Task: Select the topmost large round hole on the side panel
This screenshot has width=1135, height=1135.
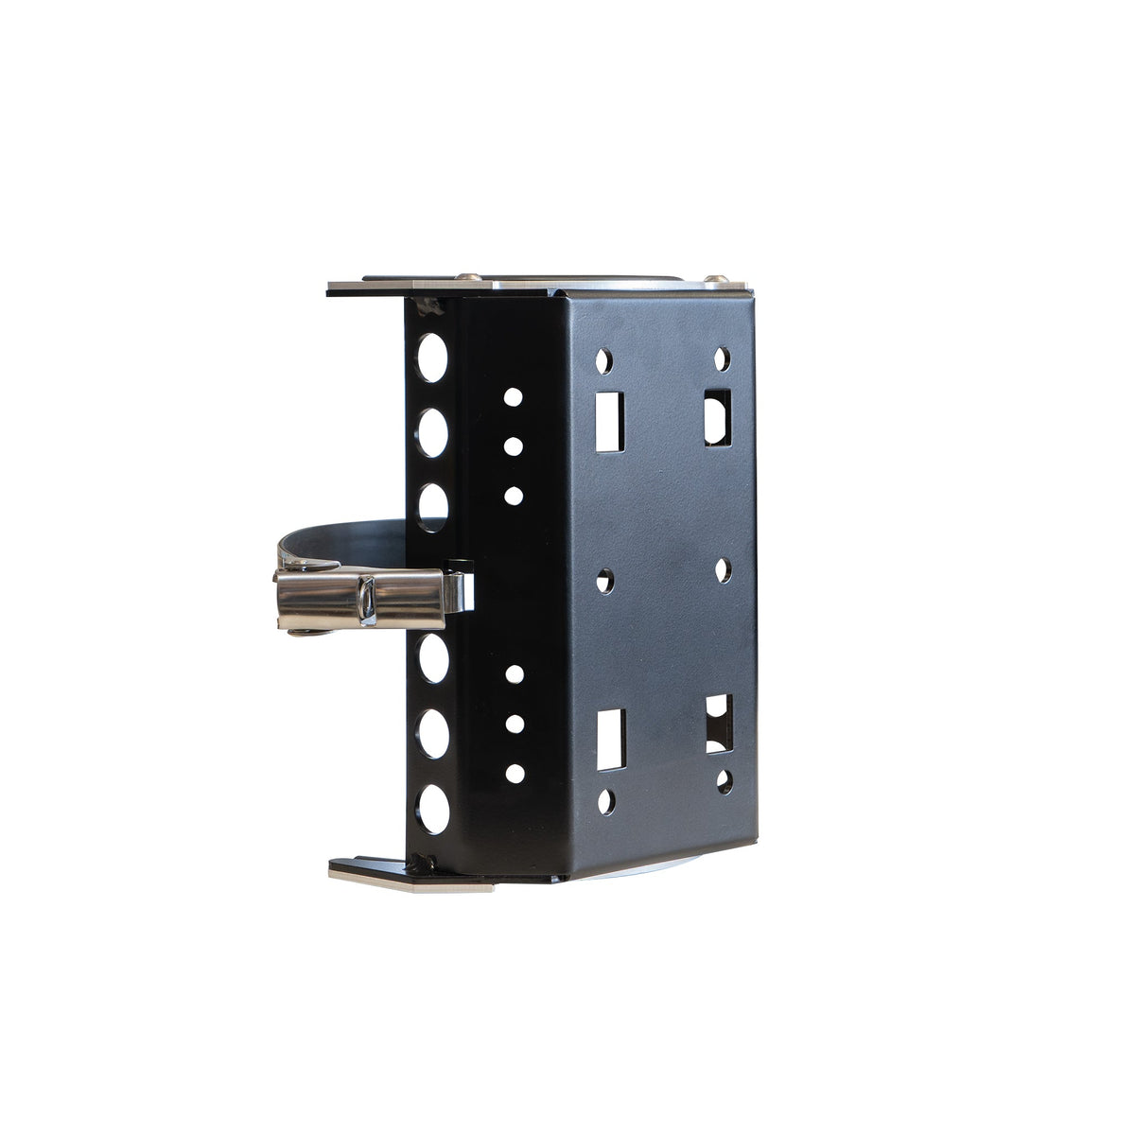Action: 431,358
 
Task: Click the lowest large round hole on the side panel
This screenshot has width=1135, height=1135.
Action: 433,809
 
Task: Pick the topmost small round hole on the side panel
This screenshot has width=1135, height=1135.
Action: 513,396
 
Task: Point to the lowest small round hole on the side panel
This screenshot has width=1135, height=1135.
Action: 515,773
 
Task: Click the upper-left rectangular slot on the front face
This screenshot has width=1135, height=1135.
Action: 609,421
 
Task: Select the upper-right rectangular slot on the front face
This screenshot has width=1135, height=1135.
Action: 718,416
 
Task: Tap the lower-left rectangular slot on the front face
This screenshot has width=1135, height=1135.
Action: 611,739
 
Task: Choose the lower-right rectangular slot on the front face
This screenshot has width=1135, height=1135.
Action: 720,724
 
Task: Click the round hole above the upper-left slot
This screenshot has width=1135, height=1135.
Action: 603,360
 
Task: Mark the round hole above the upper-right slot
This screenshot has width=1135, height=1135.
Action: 722,358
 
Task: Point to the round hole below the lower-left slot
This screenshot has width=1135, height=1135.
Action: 606,802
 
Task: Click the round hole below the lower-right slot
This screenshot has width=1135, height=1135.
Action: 725,781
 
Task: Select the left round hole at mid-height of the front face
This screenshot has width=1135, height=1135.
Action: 605,581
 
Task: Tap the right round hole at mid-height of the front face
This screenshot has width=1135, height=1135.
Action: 723,570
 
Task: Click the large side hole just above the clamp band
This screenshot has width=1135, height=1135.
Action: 432,506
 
